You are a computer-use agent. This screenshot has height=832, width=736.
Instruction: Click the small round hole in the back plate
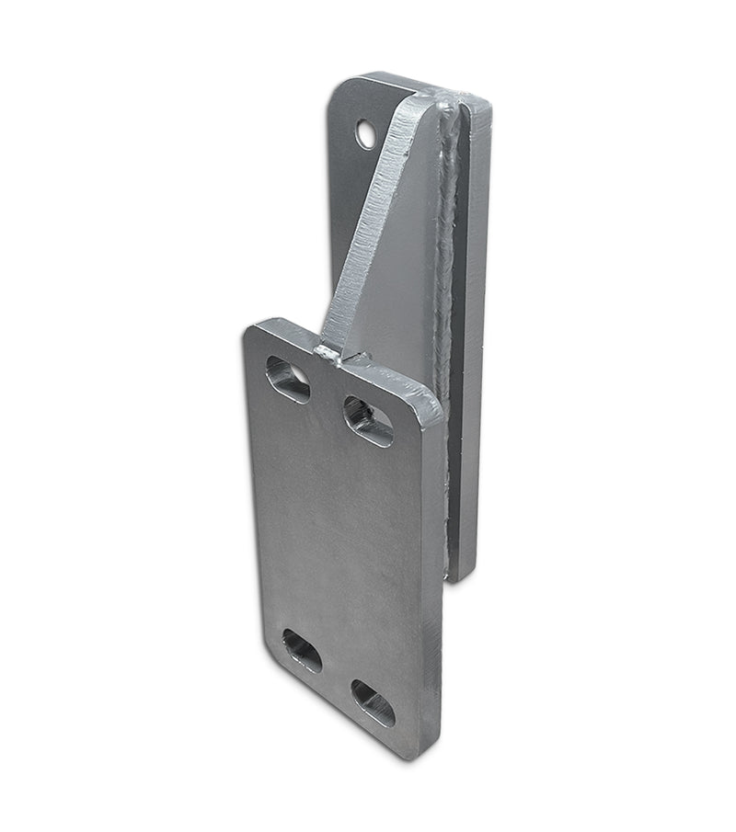coord(367,135)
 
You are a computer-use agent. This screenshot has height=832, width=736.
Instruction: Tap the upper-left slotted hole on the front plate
coord(288,380)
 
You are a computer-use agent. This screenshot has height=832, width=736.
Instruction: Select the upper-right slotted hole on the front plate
coord(368,420)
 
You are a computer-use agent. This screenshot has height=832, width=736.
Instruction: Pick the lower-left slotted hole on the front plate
coord(302,651)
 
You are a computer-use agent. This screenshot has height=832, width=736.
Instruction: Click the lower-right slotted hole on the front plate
coord(374,703)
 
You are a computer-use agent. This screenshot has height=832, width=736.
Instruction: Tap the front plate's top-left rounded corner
coord(252,331)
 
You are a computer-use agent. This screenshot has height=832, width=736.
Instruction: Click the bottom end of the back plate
coord(463,576)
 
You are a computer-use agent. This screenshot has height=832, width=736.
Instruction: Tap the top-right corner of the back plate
coord(485,99)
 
